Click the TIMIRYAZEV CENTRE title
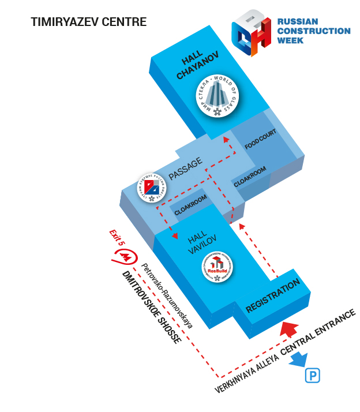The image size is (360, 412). pyautogui.click(x=88, y=23)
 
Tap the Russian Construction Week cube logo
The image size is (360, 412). pyautogui.click(x=252, y=33)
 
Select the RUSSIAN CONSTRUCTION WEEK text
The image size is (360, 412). pyautogui.click(x=313, y=31)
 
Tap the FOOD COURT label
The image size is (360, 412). pyautogui.click(x=260, y=140)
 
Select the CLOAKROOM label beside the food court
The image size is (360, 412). pyautogui.click(x=250, y=177)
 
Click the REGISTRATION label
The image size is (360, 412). pyautogui.click(x=273, y=296)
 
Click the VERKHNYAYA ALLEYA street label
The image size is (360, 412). pyautogui.click(x=246, y=373)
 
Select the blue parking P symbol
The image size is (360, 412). pyautogui.click(x=312, y=376)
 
